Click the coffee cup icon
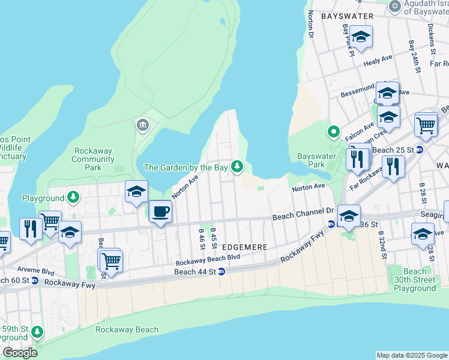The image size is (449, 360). point(160,212)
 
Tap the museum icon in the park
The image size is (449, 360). point(143,124)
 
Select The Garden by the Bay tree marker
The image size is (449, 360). point(238,166)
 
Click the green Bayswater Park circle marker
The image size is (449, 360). point(333,131)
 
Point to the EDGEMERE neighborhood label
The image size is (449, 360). point(244,247)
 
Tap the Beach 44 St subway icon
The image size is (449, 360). point(221,272)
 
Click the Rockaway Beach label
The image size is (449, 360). point(127,329)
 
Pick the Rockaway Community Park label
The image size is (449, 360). point(93,160)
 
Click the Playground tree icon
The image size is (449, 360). point(73,197)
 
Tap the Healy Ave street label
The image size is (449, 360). point(378,58)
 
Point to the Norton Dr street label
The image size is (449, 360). point(310,23)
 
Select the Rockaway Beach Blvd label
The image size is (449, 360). point(208,260)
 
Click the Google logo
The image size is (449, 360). point(20,353)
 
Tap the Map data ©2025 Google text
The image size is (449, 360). point(412,355)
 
